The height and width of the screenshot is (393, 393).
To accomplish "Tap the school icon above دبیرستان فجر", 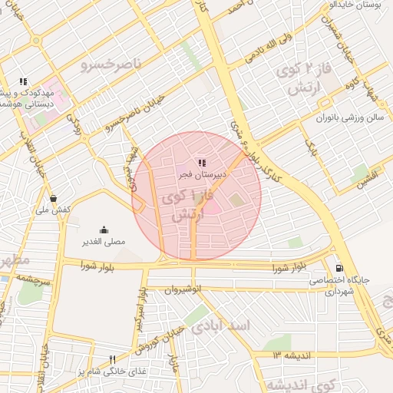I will (202, 163).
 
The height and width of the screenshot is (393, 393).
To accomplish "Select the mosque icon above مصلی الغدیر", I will (104, 230).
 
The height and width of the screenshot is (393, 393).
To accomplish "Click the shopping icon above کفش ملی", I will (52, 197).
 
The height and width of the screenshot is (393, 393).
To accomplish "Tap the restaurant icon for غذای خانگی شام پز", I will (112, 358).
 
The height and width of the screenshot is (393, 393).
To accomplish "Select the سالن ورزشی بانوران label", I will (337, 118).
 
